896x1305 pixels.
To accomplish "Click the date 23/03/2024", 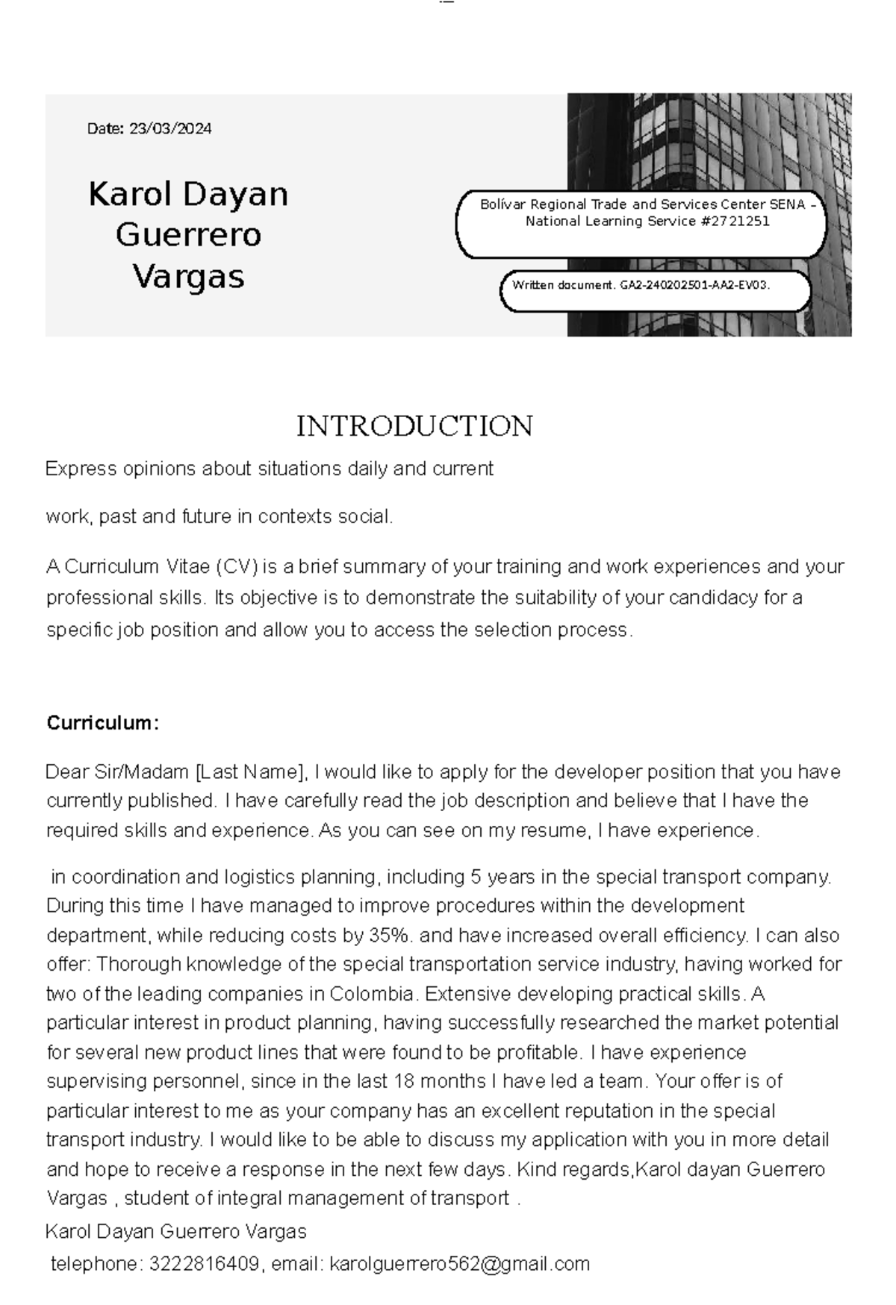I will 170,128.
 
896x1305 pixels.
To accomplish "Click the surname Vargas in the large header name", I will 189,277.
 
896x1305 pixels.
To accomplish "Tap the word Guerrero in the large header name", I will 188,235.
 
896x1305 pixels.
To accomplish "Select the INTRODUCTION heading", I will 414,426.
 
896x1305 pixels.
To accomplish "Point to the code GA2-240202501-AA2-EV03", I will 695,285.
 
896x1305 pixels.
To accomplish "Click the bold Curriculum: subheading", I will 102,722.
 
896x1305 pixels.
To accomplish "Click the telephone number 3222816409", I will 204,1264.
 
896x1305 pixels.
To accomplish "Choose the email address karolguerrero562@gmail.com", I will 459,1264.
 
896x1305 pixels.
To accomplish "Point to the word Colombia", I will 371,994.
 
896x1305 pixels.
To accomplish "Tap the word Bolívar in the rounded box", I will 503,204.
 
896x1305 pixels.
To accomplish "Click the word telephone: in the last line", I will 96,1264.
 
